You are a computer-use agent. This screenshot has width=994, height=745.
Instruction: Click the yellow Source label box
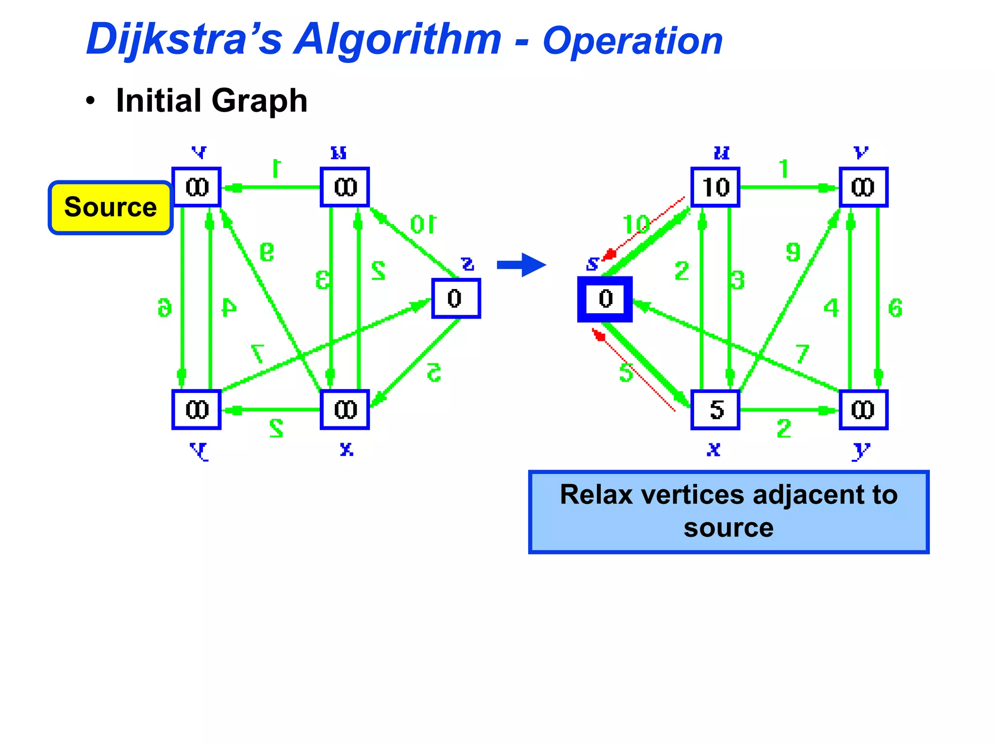[x=111, y=208]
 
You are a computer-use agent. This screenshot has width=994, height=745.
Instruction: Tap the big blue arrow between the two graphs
[x=522, y=265]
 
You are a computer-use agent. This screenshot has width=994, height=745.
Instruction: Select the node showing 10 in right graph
[x=715, y=187]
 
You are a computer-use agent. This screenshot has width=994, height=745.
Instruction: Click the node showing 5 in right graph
[x=715, y=410]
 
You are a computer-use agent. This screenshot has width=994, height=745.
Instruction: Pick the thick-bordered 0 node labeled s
[x=605, y=299]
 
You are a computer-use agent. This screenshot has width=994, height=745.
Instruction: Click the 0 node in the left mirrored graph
[x=456, y=298]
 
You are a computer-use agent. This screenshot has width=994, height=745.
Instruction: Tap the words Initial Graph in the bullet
[x=212, y=101]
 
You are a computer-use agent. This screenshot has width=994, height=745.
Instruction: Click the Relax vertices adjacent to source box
[x=728, y=511]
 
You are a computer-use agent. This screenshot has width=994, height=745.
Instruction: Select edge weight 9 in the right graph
[x=793, y=252]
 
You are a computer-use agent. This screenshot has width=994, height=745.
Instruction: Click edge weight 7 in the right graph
[x=802, y=354]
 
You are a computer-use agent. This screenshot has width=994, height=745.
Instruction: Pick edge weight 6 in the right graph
[x=895, y=308]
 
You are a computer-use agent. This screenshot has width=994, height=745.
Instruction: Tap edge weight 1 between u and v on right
[x=784, y=169]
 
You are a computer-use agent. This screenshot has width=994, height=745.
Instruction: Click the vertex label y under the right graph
[x=861, y=451]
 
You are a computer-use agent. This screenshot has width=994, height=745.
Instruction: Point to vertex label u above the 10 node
[x=721, y=153]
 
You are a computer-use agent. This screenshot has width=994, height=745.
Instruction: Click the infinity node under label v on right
[x=863, y=187]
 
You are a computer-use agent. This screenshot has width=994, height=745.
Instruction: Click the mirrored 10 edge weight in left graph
[x=423, y=225]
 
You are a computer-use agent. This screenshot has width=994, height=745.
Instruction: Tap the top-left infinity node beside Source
[x=197, y=187]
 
